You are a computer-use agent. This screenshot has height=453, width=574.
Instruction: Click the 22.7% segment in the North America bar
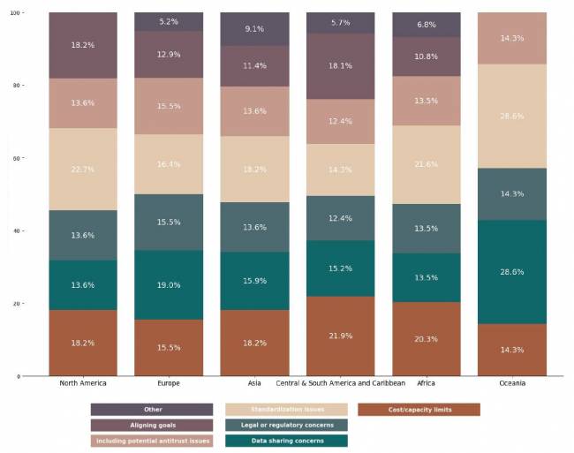click(83, 170)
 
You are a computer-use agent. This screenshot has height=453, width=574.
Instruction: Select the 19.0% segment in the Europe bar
click(169, 285)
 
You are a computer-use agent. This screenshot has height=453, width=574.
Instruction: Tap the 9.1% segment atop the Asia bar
click(253, 29)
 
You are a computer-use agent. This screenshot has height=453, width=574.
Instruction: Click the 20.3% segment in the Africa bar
click(426, 339)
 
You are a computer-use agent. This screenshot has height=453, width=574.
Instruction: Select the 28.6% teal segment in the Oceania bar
click(511, 272)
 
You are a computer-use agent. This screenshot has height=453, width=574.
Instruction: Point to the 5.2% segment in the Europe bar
click(169, 21)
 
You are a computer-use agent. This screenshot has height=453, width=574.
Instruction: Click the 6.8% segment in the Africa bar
click(426, 25)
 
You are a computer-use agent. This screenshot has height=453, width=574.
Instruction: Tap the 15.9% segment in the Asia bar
click(253, 281)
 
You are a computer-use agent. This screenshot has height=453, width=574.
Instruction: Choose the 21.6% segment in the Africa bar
click(426, 165)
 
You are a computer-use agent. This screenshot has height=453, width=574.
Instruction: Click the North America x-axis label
click(83, 383)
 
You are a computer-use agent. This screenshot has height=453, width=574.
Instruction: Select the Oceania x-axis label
click(511, 383)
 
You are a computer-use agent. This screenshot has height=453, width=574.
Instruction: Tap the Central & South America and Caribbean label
click(340, 383)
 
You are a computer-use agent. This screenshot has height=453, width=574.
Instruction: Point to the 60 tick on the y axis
click(17, 158)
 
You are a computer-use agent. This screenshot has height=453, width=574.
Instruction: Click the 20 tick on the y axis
click(17, 304)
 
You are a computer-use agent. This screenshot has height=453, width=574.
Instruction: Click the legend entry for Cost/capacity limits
click(419, 410)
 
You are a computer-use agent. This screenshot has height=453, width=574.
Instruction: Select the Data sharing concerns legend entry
click(286, 441)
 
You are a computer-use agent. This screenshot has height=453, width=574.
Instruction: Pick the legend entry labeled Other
click(152, 410)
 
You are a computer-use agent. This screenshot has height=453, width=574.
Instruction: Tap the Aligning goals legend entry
click(152, 425)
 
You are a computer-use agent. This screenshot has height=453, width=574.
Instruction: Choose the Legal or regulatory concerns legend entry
click(286, 425)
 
